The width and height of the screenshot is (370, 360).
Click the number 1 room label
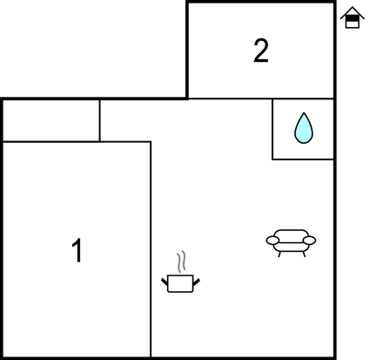click(x=77, y=250)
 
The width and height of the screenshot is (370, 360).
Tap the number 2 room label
click(x=261, y=51)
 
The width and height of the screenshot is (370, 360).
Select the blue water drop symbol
click(x=304, y=128)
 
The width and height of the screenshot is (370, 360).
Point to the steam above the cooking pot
click(x=181, y=262)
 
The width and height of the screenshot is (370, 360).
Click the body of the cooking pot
click(x=180, y=283)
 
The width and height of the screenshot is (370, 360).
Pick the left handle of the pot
click(x=165, y=282)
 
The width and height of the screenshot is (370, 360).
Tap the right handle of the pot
click(x=197, y=282)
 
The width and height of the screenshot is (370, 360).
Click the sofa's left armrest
click(x=272, y=241)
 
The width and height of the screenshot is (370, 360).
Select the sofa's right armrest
click(x=309, y=241)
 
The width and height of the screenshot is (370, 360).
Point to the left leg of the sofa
click(x=279, y=255)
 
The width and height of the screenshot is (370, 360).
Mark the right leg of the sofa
click(x=304, y=255)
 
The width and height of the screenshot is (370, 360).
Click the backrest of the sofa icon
click(x=291, y=236)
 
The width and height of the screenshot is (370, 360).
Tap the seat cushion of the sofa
click(x=291, y=247)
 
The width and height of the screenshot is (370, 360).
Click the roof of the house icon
click(x=353, y=13)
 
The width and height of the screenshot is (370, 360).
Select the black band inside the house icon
click(x=353, y=18)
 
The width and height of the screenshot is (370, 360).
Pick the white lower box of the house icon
click(x=353, y=24)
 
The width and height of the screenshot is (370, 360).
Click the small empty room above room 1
click(x=51, y=120)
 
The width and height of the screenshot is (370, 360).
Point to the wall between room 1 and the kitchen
click(x=151, y=249)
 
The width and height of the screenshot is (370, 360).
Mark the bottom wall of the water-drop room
click(x=303, y=160)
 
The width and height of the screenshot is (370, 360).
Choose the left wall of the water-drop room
click(x=272, y=129)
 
